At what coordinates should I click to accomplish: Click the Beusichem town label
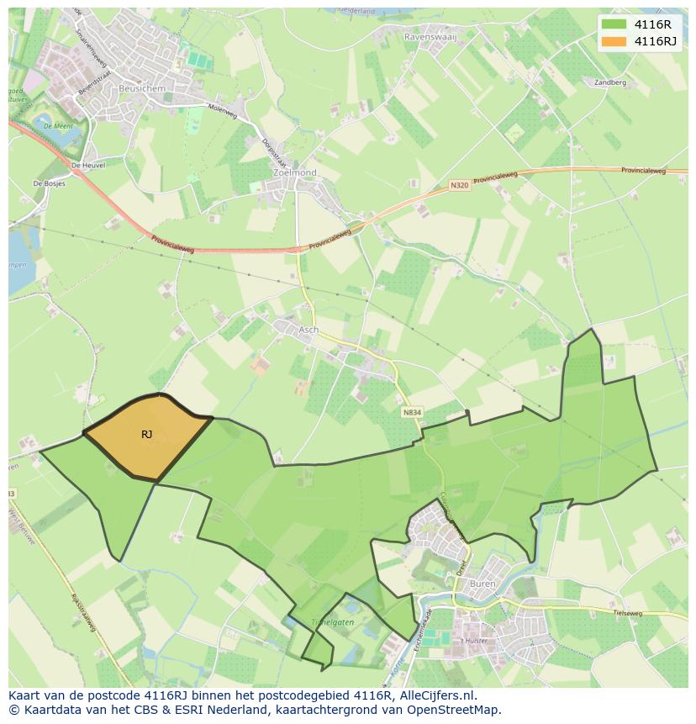tap(142, 87)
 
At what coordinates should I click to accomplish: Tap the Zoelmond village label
tap(295, 172)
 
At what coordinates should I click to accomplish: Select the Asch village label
tap(308, 330)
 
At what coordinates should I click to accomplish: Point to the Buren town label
tap(483, 583)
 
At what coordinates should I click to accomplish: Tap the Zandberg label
tap(610, 83)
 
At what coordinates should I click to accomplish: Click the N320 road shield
tap(460, 186)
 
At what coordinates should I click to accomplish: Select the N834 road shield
tap(411, 412)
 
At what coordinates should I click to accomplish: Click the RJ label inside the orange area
tap(146, 434)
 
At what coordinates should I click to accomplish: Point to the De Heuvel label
tap(87, 166)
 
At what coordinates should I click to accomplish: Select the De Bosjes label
tap(49, 182)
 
